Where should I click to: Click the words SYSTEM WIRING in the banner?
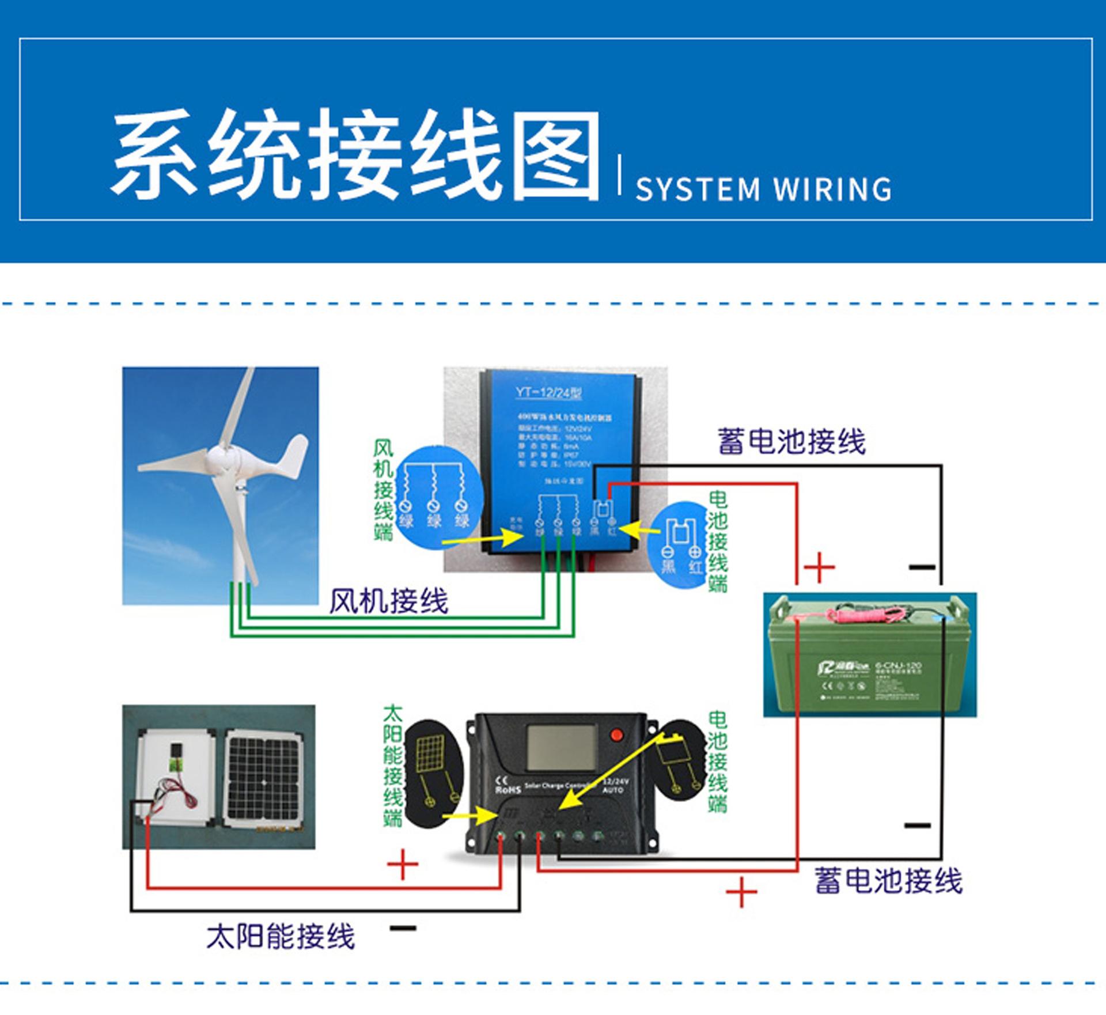pyautogui.click(x=763, y=190)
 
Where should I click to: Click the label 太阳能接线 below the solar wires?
pyautogui.click(x=281, y=937)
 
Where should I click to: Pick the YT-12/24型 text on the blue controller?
pyautogui.click(x=548, y=393)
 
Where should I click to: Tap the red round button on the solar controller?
pyautogui.click(x=617, y=734)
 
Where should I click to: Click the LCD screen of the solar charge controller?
pyautogui.click(x=562, y=747)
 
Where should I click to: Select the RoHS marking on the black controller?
pyautogui.click(x=507, y=790)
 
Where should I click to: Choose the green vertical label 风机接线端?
pyautogui.click(x=384, y=490)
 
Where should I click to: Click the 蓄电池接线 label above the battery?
pyautogui.click(x=791, y=442)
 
